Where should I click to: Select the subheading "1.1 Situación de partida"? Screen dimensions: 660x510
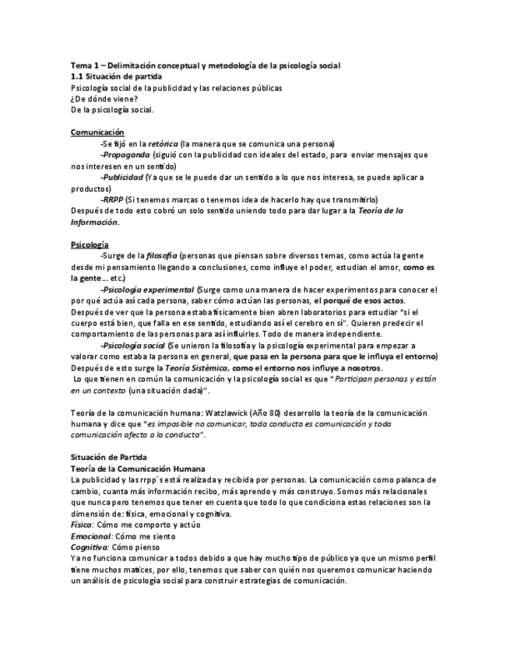click(x=116, y=78)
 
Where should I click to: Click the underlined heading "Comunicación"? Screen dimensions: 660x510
click(x=97, y=132)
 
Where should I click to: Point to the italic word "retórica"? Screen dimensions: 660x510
click(x=162, y=144)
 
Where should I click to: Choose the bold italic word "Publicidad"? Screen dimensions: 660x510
click(x=127, y=177)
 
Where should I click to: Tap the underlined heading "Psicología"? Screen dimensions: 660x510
click(x=90, y=244)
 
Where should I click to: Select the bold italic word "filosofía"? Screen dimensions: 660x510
click(x=161, y=255)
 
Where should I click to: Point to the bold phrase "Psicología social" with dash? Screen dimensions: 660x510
click(x=133, y=345)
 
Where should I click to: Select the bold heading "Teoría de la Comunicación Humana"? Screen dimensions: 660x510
click(x=137, y=469)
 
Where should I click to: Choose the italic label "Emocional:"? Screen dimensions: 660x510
click(x=91, y=536)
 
